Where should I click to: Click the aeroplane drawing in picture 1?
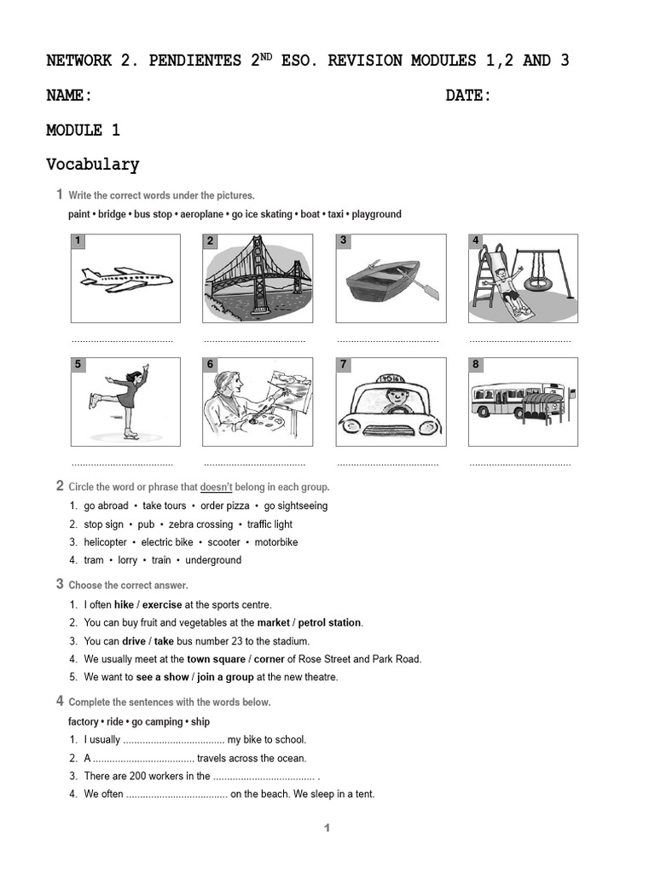tap(125, 279)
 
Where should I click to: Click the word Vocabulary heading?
tap(92, 165)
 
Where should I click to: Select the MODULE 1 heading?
tap(83, 130)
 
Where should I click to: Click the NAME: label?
tap(69, 95)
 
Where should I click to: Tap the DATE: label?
tap(468, 95)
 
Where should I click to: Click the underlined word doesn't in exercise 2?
tap(217, 487)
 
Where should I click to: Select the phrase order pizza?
tap(225, 506)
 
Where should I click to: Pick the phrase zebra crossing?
tap(200, 524)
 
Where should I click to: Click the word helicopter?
tap(105, 542)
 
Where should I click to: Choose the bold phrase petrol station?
tap(330, 622)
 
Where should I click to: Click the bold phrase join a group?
tap(225, 677)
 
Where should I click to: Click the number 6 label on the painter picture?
tap(211, 365)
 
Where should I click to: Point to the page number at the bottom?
tap(327, 828)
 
